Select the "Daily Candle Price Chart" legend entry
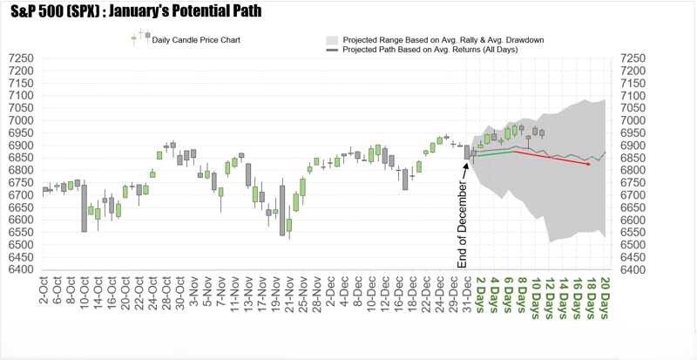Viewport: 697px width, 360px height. [x=196, y=40]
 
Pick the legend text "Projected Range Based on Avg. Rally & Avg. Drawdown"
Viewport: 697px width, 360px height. [x=443, y=40]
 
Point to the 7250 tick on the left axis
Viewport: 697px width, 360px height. [x=21, y=58]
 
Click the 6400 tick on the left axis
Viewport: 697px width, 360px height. [x=21, y=269]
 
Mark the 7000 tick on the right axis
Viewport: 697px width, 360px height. [x=630, y=120]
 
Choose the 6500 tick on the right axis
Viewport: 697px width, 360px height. [x=630, y=245]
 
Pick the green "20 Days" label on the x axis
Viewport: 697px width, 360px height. [x=605, y=292]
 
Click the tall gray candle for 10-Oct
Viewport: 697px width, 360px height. [x=85, y=207]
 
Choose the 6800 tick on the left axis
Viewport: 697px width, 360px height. [x=21, y=170]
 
